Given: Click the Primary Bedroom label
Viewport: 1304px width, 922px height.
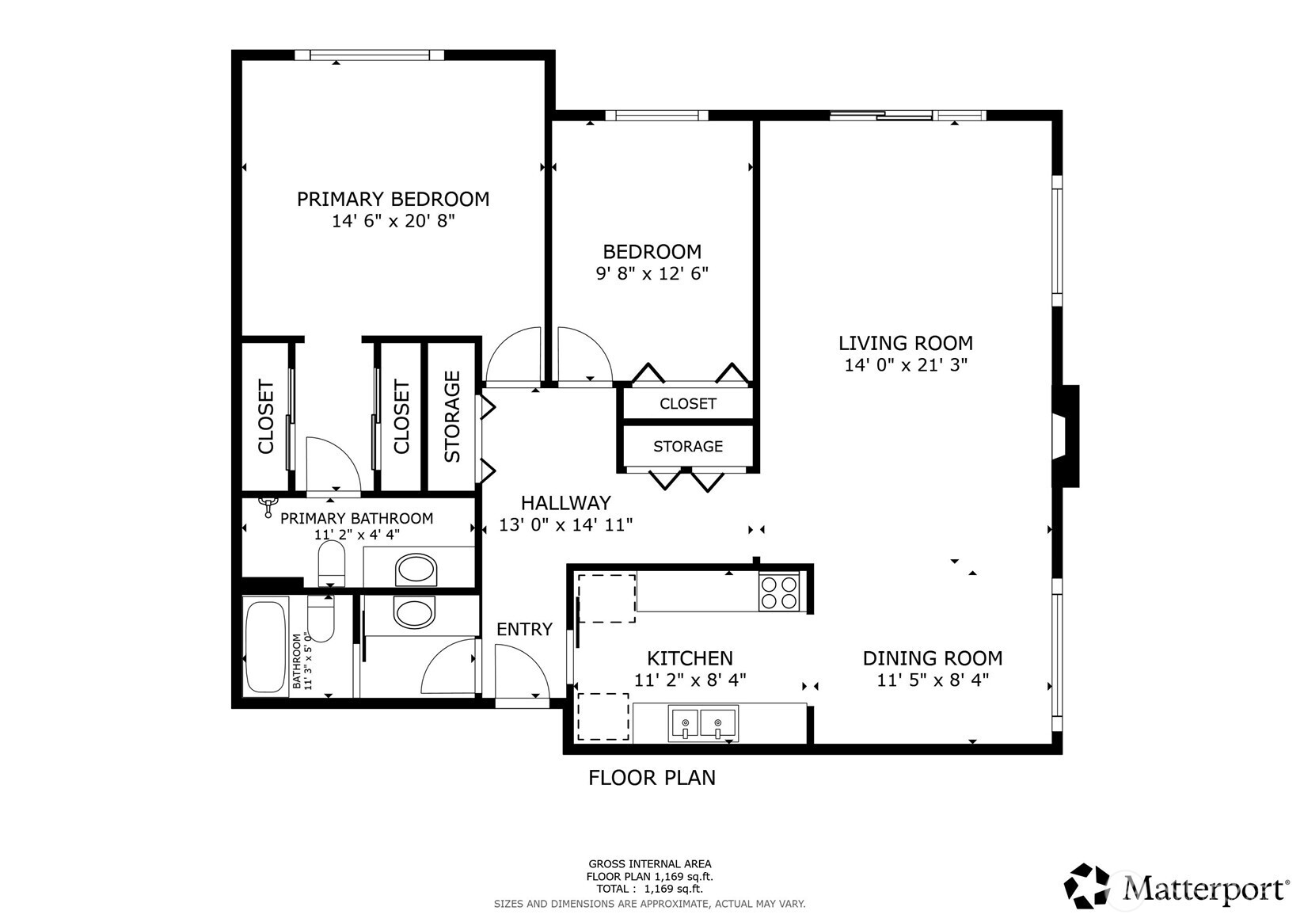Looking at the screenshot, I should (393, 199).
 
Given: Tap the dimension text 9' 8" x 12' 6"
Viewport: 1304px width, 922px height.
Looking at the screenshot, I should (652, 274).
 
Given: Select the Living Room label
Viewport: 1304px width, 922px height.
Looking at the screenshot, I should (905, 343).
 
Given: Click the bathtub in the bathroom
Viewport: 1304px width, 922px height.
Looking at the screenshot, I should (265, 647).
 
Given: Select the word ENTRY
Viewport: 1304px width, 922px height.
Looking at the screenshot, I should (524, 629).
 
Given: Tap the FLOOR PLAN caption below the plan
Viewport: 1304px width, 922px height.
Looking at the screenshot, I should (652, 778).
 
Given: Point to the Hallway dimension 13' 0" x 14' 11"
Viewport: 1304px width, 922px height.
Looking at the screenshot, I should (565, 524).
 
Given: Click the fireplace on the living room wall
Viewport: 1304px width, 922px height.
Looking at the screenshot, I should (1066, 436).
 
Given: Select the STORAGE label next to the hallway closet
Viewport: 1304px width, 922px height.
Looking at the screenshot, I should (687, 447).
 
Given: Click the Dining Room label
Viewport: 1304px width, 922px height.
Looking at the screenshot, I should (932, 658).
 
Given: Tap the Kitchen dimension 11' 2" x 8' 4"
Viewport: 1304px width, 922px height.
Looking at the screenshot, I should (690, 680).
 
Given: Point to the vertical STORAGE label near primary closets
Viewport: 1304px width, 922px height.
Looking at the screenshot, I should (452, 417).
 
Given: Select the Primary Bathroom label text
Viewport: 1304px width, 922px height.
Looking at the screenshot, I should (356, 518).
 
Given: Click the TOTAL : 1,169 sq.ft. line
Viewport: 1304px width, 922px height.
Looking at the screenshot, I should (649, 889).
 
